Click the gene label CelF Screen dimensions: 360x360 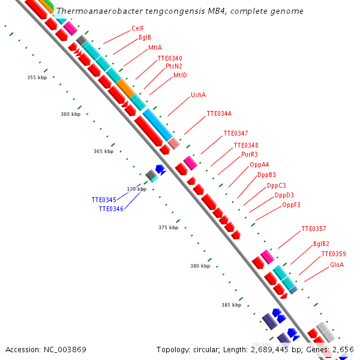point(137,28)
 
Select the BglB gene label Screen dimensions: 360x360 point(145,37)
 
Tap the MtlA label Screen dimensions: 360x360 point(155,47)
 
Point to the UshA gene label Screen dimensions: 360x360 point(198,95)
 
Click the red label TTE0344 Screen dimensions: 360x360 point(218,113)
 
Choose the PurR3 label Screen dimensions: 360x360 point(250,154)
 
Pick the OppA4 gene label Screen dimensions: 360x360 point(259,164)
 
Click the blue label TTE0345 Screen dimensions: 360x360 point(104,200)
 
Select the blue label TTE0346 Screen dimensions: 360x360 point(111,209)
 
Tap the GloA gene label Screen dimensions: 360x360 point(337,265)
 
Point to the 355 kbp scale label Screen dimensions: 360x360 point(37,77)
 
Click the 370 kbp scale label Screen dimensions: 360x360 point(136,189)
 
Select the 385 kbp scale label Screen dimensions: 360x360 point(231,305)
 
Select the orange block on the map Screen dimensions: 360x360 point(126,88)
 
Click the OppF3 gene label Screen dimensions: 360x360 point(291,205)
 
